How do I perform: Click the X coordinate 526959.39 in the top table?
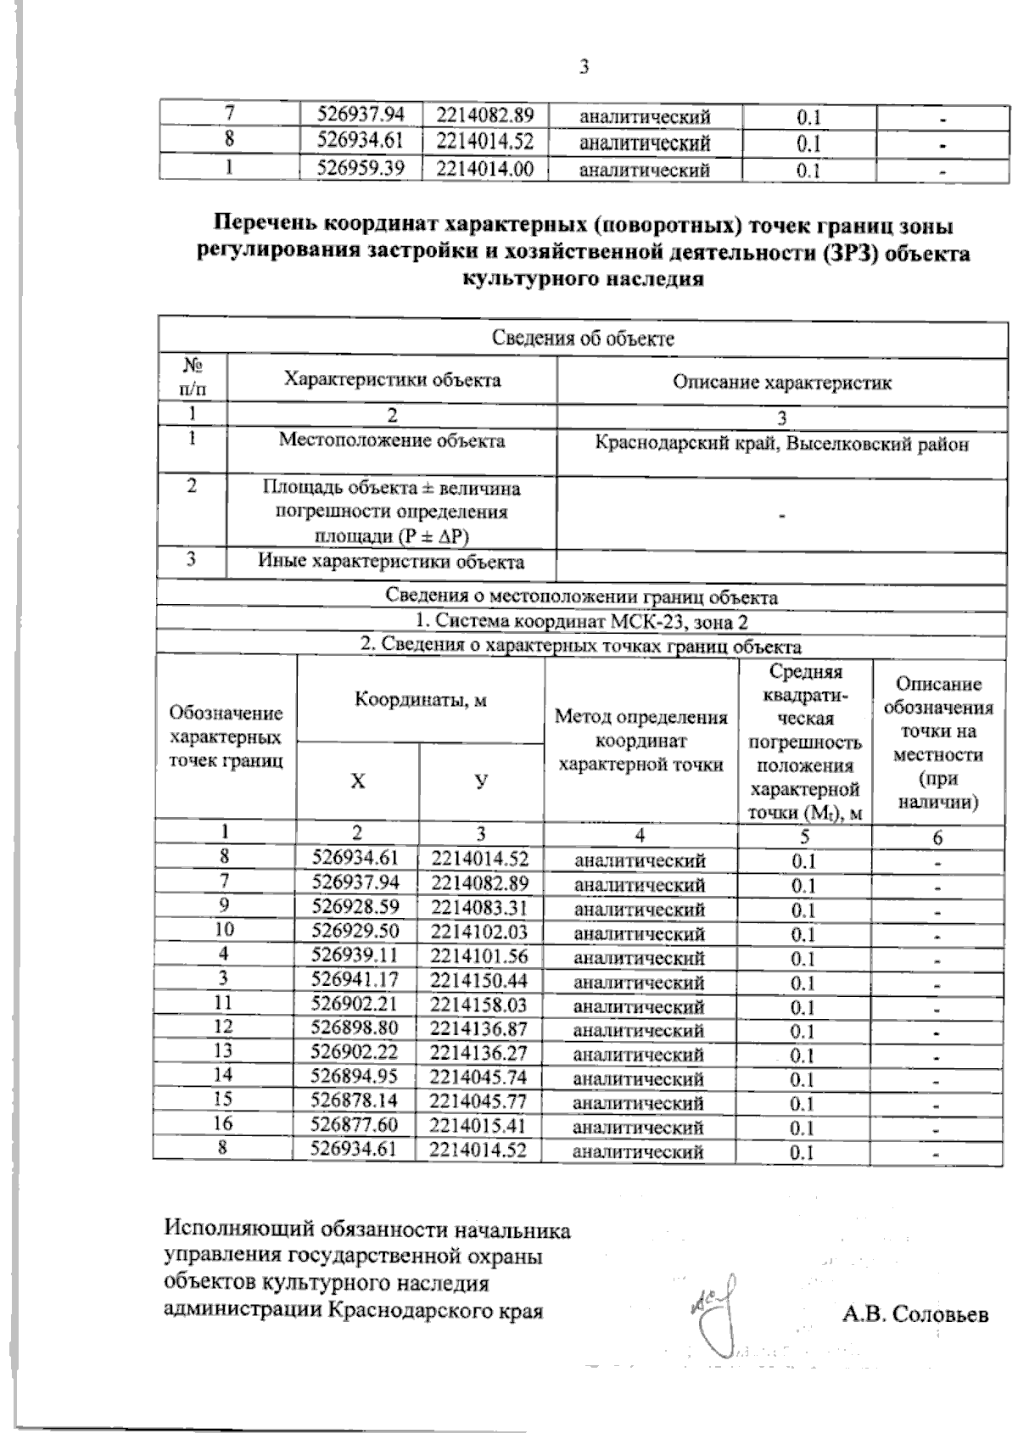click(360, 168)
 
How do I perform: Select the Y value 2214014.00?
click(484, 168)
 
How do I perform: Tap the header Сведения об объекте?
click(584, 339)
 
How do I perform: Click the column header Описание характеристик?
click(781, 382)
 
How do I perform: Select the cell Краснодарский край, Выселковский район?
click(781, 444)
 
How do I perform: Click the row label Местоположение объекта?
click(392, 440)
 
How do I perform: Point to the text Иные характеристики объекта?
click(392, 561)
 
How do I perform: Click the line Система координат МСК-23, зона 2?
click(582, 620)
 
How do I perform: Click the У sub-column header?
click(481, 781)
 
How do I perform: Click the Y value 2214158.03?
click(478, 1005)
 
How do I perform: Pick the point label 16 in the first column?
click(224, 1124)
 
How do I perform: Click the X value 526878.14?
click(355, 1101)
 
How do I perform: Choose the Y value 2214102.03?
click(478, 932)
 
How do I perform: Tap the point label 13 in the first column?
click(224, 1051)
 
